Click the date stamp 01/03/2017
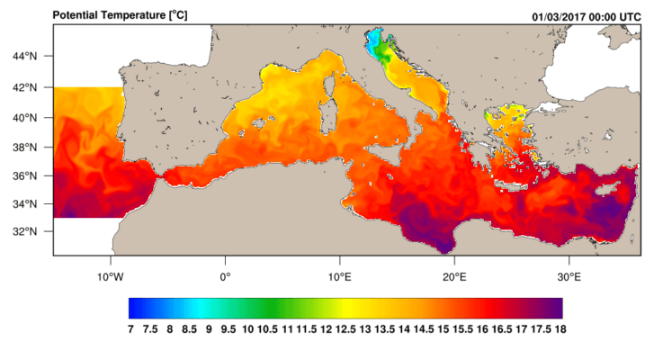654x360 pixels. point(563,15)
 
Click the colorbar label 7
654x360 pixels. point(130,329)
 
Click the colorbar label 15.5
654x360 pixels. point(463,329)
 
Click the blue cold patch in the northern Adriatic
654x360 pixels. point(372,40)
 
